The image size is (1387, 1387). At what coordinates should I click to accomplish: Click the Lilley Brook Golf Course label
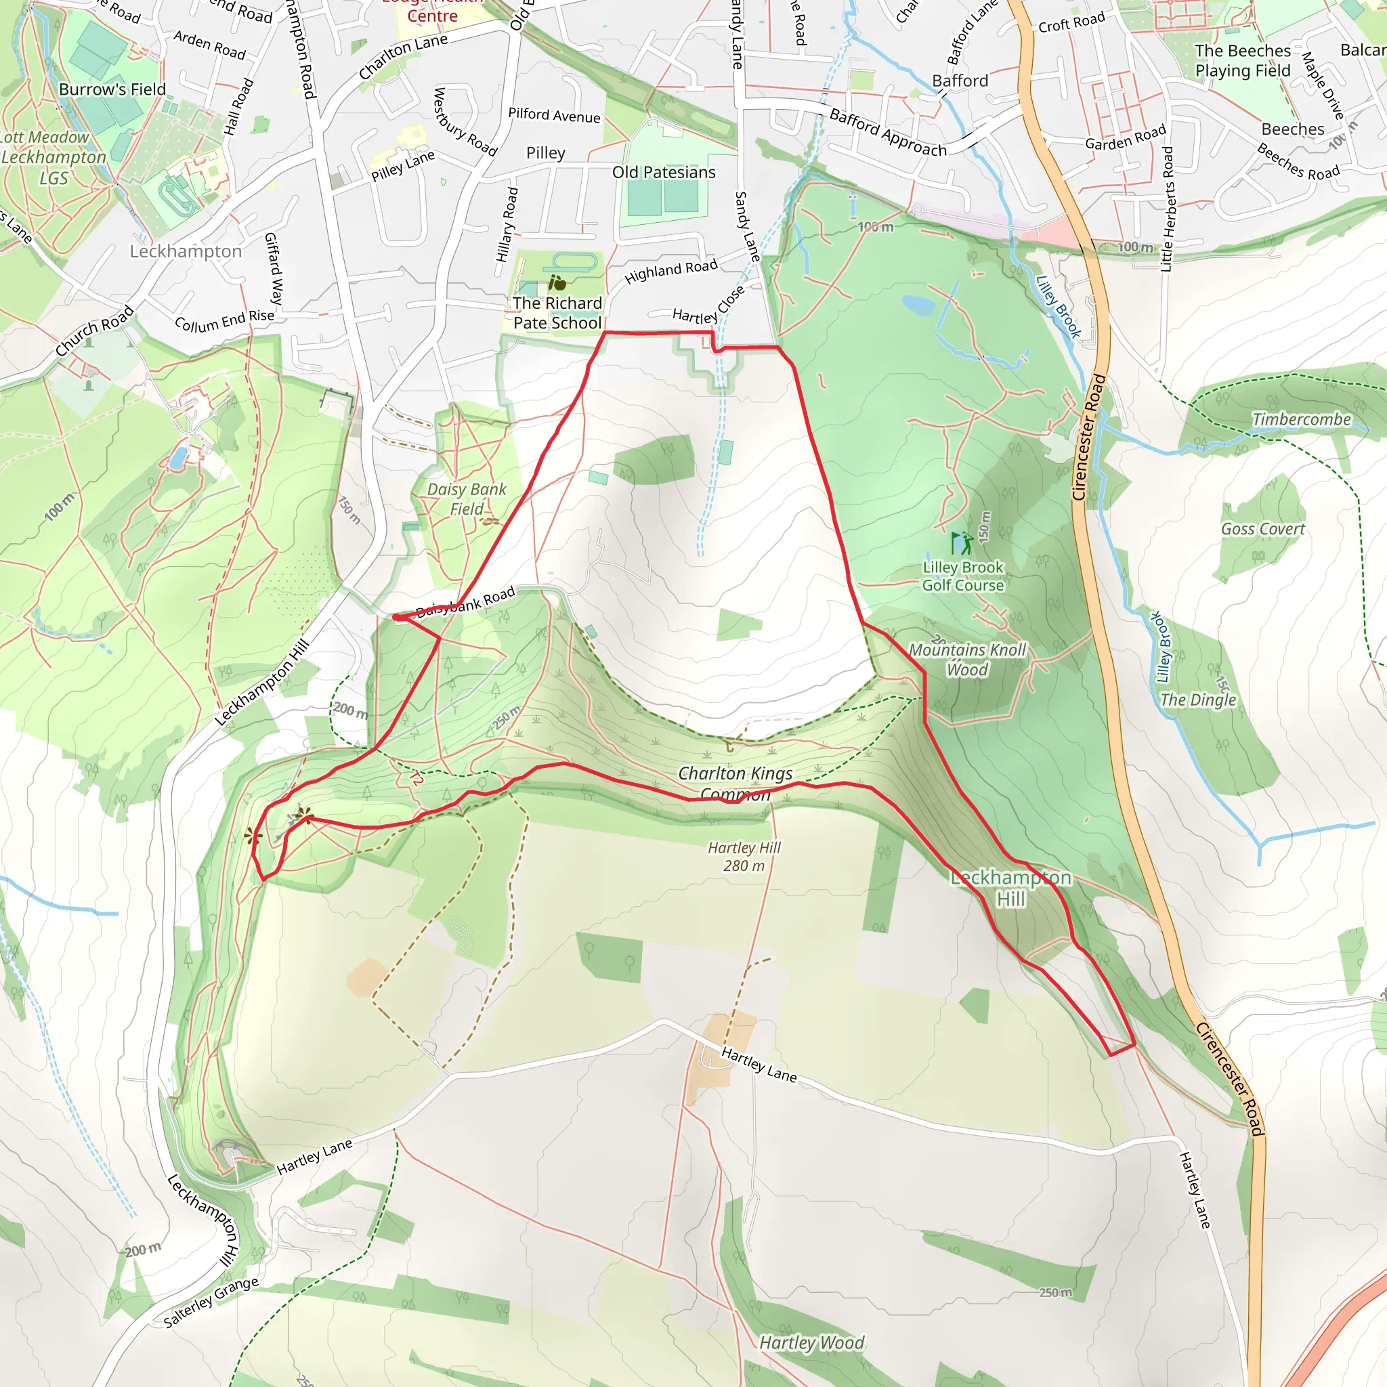[963, 576]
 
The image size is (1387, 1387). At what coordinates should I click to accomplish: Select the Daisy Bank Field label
[467, 499]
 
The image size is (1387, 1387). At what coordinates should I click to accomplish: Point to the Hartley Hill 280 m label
[744, 857]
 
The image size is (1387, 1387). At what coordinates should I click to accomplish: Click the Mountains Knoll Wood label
[968, 660]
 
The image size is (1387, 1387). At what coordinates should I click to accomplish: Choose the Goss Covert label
[1263, 529]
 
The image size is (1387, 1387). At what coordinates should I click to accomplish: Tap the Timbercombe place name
[1302, 419]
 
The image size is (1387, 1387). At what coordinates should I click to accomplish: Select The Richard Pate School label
[557, 313]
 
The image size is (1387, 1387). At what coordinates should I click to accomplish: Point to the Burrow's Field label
[112, 90]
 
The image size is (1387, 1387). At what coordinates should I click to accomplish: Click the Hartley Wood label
[811, 1342]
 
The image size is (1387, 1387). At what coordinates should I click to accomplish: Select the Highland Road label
[670, 271]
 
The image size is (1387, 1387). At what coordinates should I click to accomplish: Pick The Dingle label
[1198, 700]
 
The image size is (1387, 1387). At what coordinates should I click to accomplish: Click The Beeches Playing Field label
[1243, 61]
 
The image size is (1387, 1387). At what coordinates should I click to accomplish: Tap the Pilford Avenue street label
[553, 115]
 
